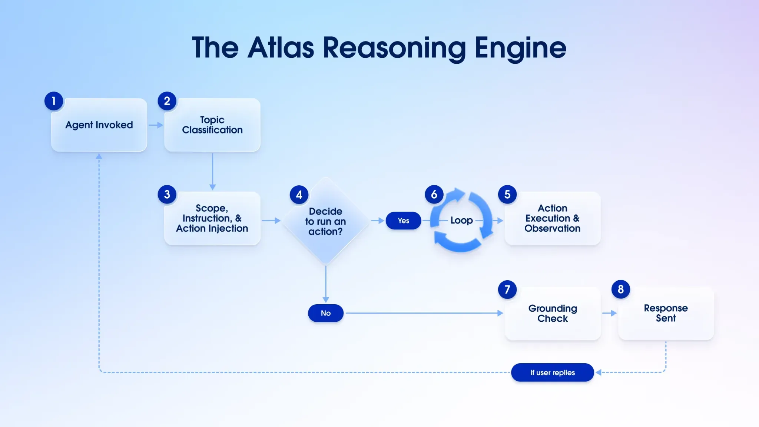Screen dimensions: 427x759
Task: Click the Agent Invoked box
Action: click(x=99, y=125)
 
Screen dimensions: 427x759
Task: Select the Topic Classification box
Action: click(x=212, y=125)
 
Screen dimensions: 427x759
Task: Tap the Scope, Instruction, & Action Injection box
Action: click(x=212, y=218)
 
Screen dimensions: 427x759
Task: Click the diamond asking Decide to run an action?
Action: click(x=325, y=221)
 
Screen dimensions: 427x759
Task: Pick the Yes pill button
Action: click(x=403, y=221)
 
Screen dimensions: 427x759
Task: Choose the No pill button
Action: click(x=325, y=313)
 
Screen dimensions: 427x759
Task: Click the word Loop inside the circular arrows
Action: click(x=461, y=221)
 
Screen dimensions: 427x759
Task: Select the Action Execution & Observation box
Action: click(x=552, y=218)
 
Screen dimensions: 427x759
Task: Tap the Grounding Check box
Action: click(x=552, y=313)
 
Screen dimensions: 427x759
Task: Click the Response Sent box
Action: click(x=666, y=313)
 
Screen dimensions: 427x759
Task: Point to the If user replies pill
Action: click(x=552, y=373)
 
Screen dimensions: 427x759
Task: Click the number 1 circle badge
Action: click(x=54, y=101)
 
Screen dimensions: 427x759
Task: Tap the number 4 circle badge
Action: click(x=299, y=195)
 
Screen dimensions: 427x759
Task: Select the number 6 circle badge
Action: click(x=434, y=194)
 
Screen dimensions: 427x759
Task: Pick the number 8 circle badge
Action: click(x=621, y=289)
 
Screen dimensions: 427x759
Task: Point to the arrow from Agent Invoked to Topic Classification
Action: click(x=156, y=125)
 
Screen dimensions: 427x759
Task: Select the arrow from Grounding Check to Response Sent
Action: click(x=609, y=313)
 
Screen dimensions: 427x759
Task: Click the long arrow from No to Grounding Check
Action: click(x=422, y=313)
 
